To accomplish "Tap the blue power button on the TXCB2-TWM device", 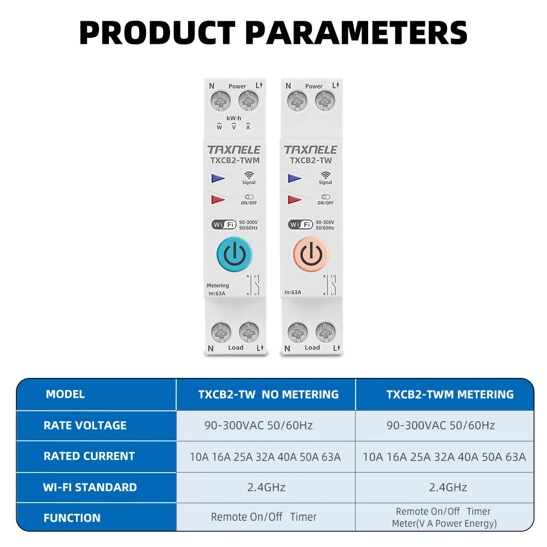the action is click(x=235, y=254).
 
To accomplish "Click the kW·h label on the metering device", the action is click(x=234, y=118).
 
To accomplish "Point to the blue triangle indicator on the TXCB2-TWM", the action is click(x=218, y=178).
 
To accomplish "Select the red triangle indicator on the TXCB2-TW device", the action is click(x=295, y=199).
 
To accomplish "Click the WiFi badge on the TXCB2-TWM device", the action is click(x=224, y=225).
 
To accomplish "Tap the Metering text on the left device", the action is click(x=218, y=286).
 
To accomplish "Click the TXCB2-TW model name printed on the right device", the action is click(x=311, y=160).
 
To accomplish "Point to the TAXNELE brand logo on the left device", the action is click(x=234, y=150).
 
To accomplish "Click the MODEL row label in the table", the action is click(x=65, y=394).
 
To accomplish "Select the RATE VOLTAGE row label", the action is click(x=85, y=425).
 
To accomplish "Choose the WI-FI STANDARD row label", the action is click(x=90, y=487).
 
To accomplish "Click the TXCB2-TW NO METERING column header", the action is click(x=268, y=394).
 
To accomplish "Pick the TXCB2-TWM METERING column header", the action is click(x=450, y=394).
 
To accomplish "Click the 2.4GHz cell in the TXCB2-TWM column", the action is click(x=448, y=487).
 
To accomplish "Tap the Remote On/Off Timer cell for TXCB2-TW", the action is click(x=264, y=517).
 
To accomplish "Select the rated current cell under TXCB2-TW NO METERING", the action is click(x=265, y=457).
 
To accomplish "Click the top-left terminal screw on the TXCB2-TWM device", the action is click(x=220, y=101).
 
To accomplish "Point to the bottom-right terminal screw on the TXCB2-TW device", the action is click(x=325, y=332).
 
